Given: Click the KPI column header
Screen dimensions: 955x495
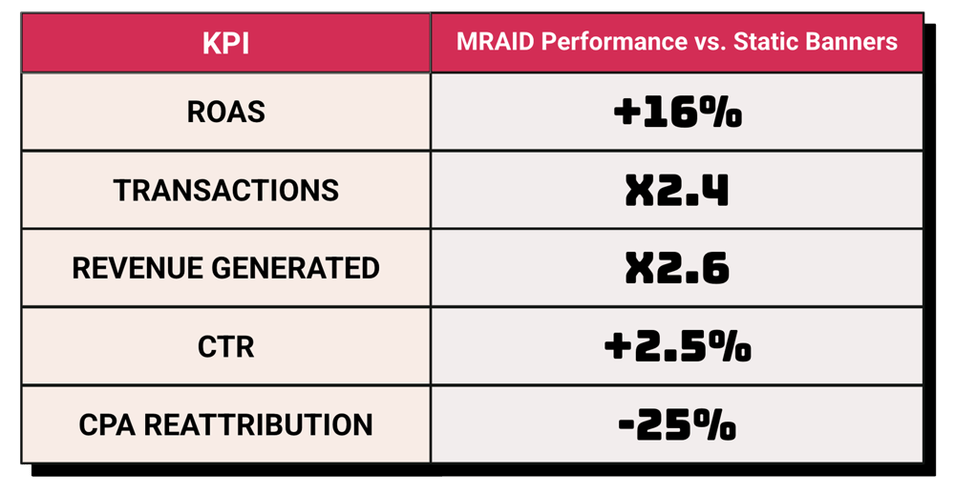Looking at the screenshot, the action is tap(225, 44).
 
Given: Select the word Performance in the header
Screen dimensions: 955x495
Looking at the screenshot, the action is tap(614, 42).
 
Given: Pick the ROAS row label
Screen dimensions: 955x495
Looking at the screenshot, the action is tap(226, 112).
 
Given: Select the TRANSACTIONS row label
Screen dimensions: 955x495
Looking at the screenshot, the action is tap(226, 191).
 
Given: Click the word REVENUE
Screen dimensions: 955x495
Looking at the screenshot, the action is tap(138, 268).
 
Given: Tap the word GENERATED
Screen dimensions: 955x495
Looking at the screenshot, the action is tap(295, 268).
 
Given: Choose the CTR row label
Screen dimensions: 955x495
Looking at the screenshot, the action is tap(226, 346).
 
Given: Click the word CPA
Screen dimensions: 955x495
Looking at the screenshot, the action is tap(107, 424).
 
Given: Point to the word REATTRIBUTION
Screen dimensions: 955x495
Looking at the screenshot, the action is tap(258, 424).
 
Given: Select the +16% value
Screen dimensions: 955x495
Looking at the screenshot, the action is tap(677, 113).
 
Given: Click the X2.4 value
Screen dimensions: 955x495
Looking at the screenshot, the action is tap(677, 191).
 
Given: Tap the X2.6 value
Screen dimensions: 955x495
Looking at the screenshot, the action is tap(677, 268).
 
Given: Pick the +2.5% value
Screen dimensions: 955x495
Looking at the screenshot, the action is tap(677, 346).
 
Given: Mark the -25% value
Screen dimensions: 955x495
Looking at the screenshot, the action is tap(677, 424).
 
